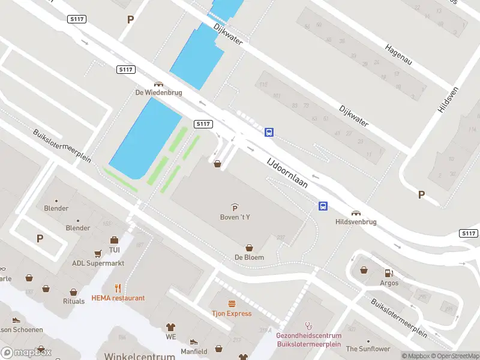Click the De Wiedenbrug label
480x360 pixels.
[158, 92]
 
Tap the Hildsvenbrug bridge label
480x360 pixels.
[356, 221]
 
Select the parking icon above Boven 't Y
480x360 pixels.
[235, 207]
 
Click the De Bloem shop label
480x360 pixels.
[250, 257]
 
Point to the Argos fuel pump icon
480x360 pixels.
[389, 273]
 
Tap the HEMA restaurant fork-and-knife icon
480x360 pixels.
[118, 288]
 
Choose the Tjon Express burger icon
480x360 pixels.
[231, 304]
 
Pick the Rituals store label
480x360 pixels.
[74, 301]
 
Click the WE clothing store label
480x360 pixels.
[171, 337]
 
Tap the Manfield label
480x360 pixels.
[194, 351]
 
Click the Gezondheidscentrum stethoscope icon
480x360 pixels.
[309, 326]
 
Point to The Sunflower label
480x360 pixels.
[368, 349]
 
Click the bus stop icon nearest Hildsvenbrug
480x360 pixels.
[323, 206]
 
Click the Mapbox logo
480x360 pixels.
[26, 353]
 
